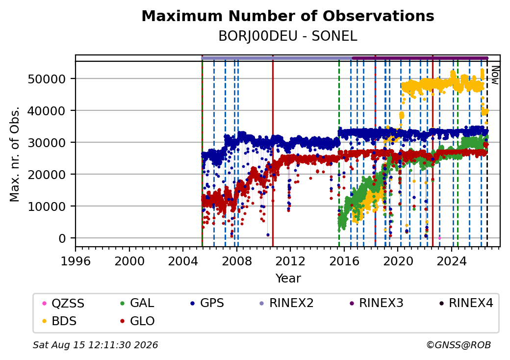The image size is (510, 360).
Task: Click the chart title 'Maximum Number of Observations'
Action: pyautogui.click(x=288, y=16)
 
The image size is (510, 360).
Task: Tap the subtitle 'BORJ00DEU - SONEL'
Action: pyautogui.click(x=288, y=36)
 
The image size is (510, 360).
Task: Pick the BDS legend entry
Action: pyautogui.click(x=59, y=321)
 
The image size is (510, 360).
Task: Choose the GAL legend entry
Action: pyautogui.click(x=137, y=303)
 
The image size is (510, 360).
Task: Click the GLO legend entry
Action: pyautogui.click(x=137, y=321)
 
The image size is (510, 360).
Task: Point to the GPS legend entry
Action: pyautogui.click(x=207, y=303)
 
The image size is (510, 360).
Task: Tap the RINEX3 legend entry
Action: pyautogui.click(x=376, y=303)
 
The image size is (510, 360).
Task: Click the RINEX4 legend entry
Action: pyautogui.click(x=466, y=303)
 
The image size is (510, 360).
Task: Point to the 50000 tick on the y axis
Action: pyautogui.click(x=47, y=78)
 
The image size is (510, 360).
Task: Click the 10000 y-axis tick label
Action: pyautogui.click(x=47, y=206)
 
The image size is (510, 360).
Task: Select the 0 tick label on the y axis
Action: pyautogui.click(x=62, y=238)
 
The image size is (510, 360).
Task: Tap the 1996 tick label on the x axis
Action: pyautogui.click(x=76, y=261)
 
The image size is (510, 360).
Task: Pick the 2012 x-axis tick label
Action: pyautogui.click(x=290, y=261)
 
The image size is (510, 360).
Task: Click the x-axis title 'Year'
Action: pyautogui.click(x=288, y=279)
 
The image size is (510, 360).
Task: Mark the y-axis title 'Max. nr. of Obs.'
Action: pyautogui.click(x=15, y=154)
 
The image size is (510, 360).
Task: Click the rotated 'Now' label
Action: pyautogui.click(x=495, y=75)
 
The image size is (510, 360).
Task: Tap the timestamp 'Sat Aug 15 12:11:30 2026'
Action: pyautogui.click(x=95, y=345)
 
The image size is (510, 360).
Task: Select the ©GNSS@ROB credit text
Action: pyautogui.click(x=459, y=345)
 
